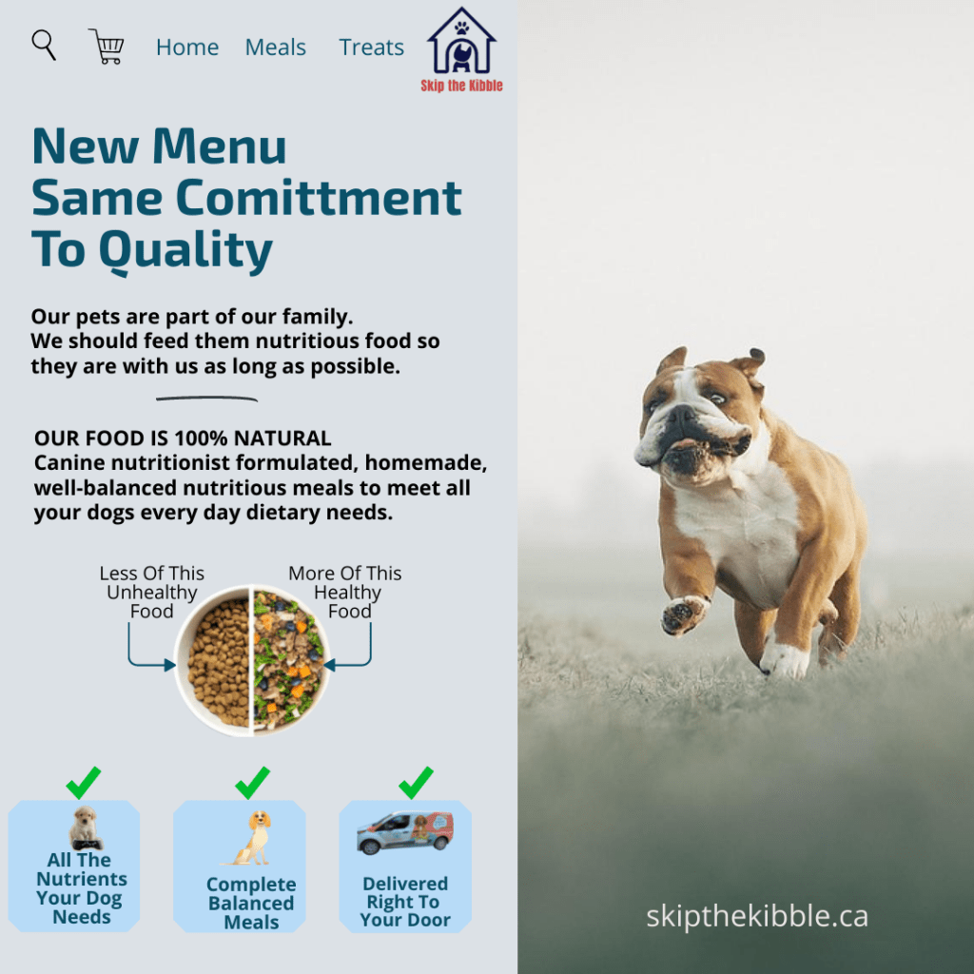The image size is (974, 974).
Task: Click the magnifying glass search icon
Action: [x=44, y=45]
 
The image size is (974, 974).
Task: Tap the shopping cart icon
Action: [x=107, y=46]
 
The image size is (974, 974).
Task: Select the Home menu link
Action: [x=187, y=48]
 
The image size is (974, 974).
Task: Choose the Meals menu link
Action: [x=275, y=48]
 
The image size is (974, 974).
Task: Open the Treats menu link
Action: [x=372, y=48]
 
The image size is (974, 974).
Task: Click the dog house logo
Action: [x=461, y=41]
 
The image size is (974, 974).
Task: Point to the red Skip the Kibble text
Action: [x=461, y=86]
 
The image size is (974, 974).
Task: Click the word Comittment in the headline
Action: [x=319, y=198]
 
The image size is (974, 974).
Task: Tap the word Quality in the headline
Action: [x=185, y=251]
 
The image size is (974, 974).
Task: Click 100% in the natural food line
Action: [x=201, y=438]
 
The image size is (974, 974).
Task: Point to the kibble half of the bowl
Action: [x=213, y=661]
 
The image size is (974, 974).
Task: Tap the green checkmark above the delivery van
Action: [x=416, y=782]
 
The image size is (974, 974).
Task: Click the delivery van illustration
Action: [x=405, y=832]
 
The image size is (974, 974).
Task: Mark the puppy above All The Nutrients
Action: [x=85, y=828]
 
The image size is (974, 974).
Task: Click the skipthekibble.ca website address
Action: [x=756, y=917]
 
